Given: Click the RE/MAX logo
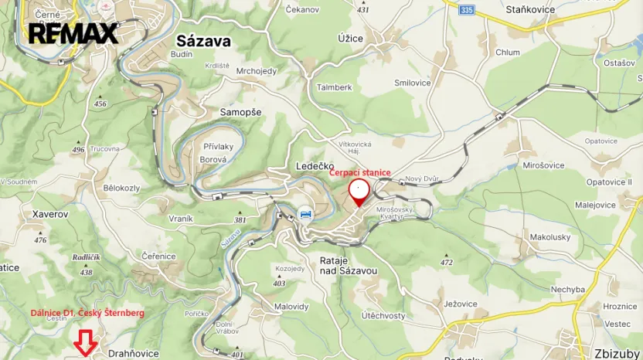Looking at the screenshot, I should [x=73, y=33].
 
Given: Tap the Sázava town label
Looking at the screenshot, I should [x=203, y=41].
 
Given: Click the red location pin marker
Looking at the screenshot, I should [x=359, y=191].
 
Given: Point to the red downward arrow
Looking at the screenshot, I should [x=85, y=341].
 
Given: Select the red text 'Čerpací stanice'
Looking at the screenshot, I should [x=360, y=173].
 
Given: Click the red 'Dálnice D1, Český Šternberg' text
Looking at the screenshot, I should [x=87, y=312].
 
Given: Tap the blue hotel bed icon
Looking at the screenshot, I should [x=306, y=213].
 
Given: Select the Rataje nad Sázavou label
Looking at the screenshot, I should [x=348, y=266].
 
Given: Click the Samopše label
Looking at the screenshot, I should [x=240, y=112].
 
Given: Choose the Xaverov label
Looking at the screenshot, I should [x=51, y=213].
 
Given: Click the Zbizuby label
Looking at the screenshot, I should [x=617, y=353].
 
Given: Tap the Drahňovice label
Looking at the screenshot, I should [x=134, y=353].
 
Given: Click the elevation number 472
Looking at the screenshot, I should [x=446, y=263].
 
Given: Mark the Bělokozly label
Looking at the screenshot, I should [x=121, y=188].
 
